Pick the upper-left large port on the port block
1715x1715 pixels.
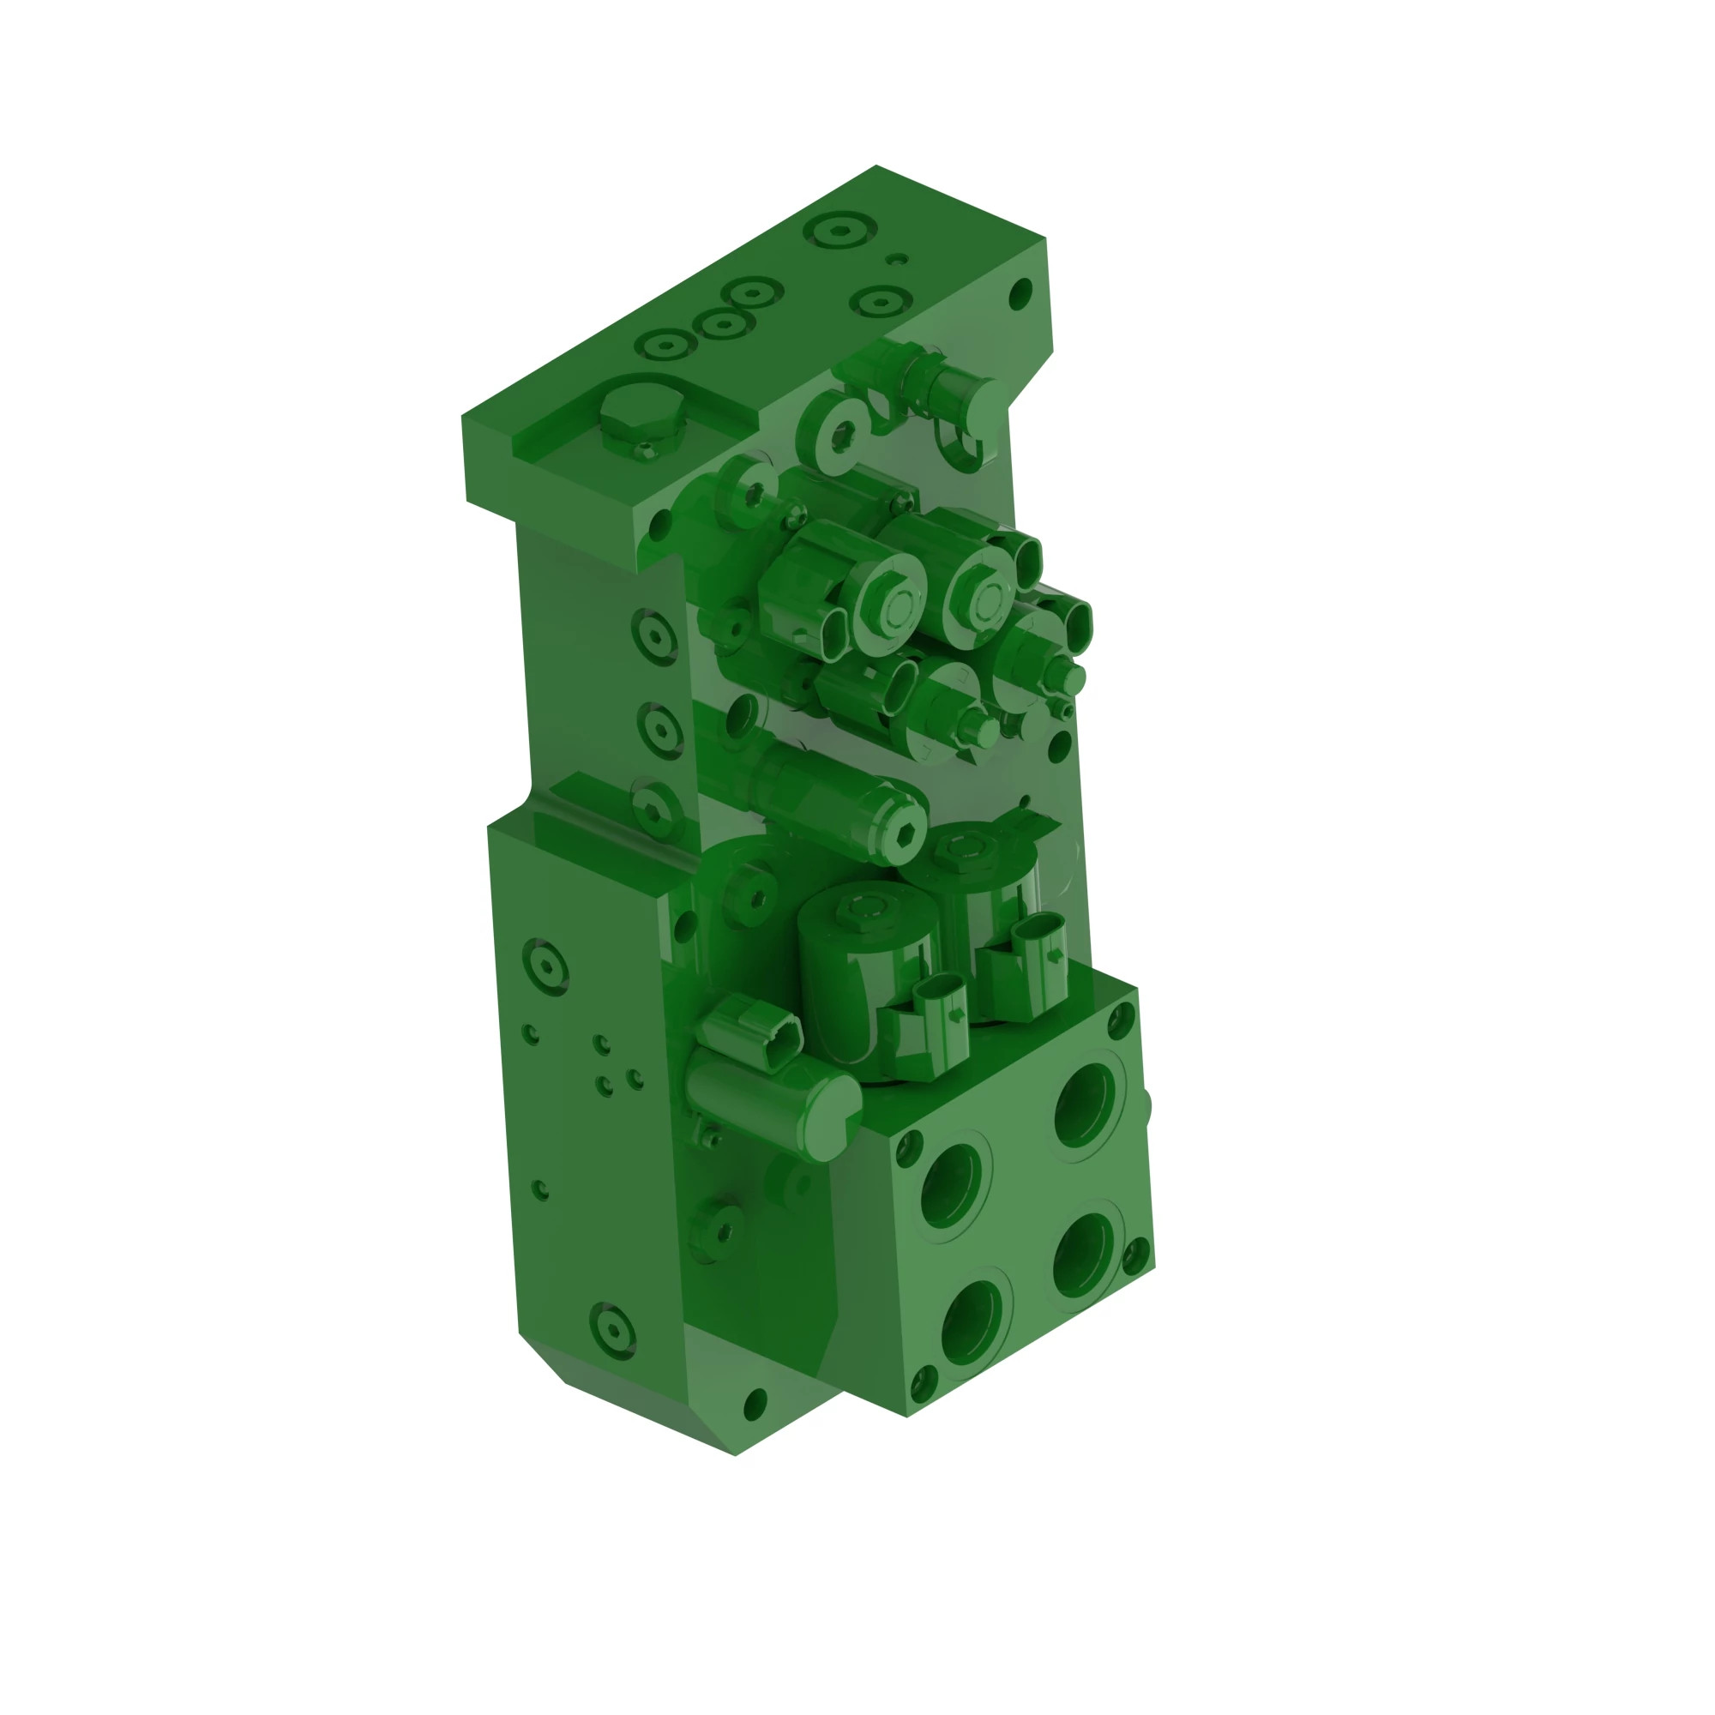(953, 1185)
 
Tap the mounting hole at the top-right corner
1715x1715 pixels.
(1020, 293)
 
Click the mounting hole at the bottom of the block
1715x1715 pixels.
(755, 1404)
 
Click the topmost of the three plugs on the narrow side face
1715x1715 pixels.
(655, 635)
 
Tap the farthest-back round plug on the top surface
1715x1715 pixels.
(839, 231)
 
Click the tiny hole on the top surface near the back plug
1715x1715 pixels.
(898, 259)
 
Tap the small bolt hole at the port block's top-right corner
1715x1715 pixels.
(1120, 1020)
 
